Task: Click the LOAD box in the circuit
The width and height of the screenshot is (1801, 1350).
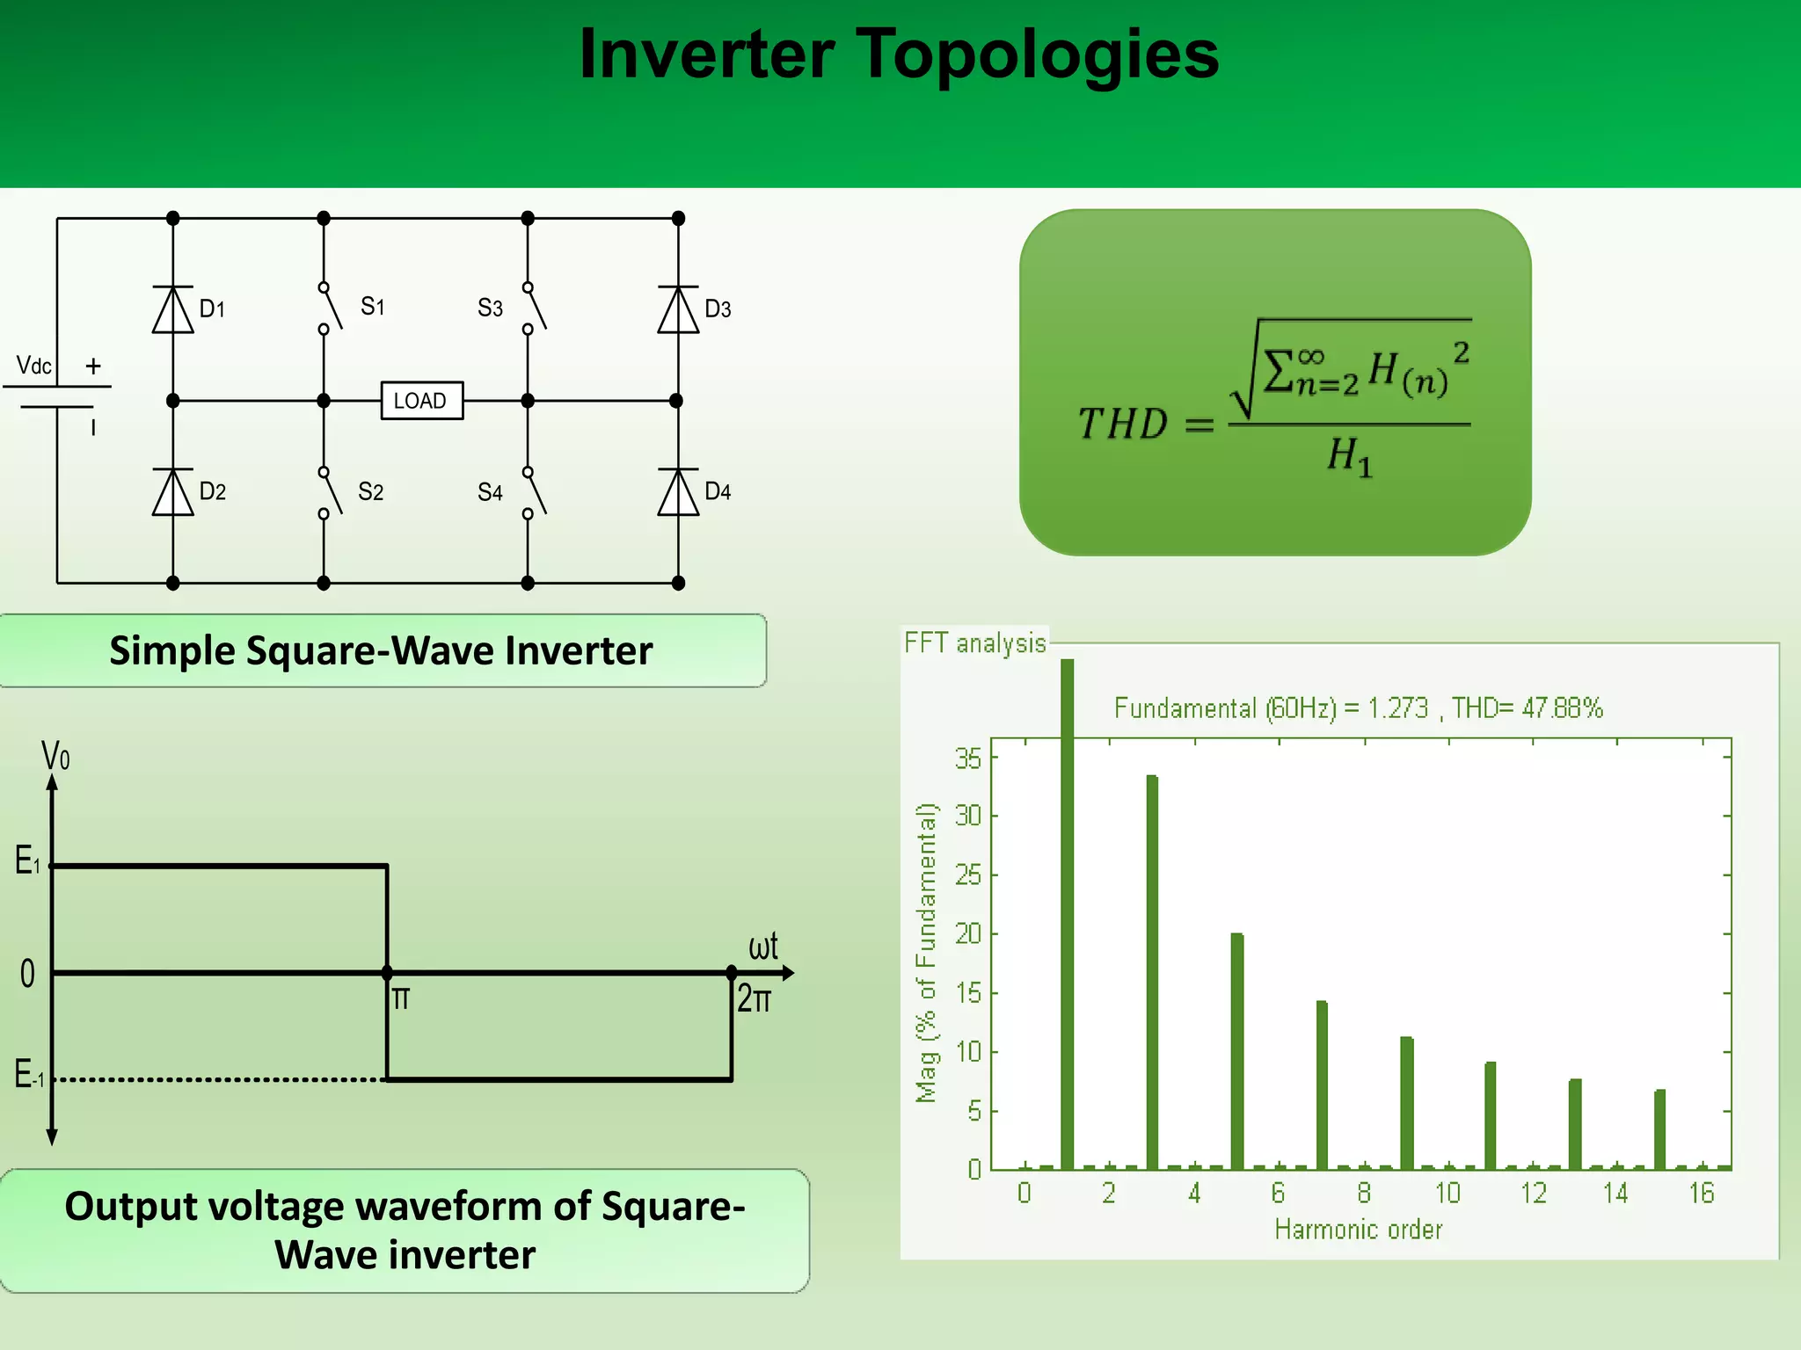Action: pos(421,401)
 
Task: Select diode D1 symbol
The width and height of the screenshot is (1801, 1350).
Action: pos(172,310)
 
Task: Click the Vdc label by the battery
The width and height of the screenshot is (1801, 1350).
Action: pos(34,366)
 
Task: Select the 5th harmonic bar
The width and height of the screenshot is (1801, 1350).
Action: pos(1236,1050)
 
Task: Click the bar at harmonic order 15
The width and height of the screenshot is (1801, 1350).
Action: pos(1659,1129)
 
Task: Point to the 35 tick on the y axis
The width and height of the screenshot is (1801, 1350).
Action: pos(968,758)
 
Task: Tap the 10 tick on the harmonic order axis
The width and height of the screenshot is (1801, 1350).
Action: pos(1447,1194)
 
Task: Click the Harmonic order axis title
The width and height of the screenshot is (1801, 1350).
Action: pos(1358,1230)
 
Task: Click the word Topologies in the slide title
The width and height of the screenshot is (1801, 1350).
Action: pos(1037,54)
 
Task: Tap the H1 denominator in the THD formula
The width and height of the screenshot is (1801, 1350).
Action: pos(1349,457)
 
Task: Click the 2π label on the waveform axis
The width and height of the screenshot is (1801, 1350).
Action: pos(754,1000)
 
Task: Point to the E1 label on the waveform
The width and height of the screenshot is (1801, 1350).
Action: pos(27,860)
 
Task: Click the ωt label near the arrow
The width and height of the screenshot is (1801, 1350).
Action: pos(762,947)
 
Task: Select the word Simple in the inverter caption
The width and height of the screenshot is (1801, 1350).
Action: pos(171,651)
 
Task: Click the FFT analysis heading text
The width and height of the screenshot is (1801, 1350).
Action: pos(975,643)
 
